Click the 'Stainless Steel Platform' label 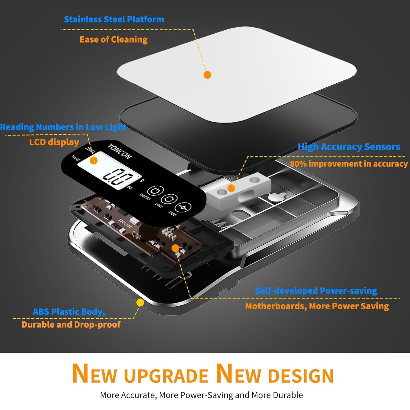coord(114,19)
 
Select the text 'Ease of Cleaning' coord(114,40)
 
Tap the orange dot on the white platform coord(207,75)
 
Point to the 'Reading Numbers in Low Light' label coord(63,127)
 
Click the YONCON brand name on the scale coord(119,151)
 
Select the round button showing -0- coord(183,207)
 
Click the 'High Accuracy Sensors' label coord(349,147)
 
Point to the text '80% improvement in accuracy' coord(349,164)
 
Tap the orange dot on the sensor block coord(231,188)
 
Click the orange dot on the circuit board coord(175,248)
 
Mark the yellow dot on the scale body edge coord(140,303)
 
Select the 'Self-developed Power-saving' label coord(316,291)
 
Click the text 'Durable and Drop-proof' coord(71,324)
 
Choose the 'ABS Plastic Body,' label coord(69,312)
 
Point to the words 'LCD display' coord(54,142)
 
